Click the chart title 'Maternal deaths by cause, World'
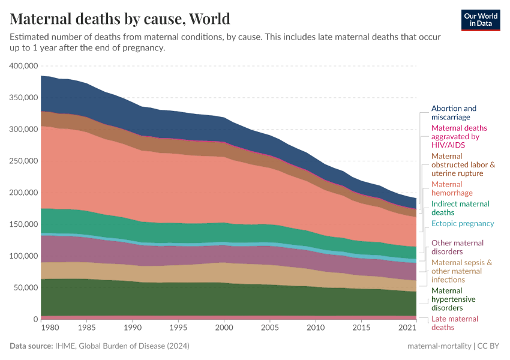pos(120,19)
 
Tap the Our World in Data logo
pos(481,19)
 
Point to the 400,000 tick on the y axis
pos(25,65)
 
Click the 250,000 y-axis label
pos(25,161)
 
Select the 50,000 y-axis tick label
pos(26,287)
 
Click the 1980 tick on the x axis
pos(50,328)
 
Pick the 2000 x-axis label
pos(223,328)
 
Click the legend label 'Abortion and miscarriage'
pos(454,113)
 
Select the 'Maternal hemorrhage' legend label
pos(452,188)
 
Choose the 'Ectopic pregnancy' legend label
pos(462,223)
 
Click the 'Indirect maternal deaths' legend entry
pos(460,208)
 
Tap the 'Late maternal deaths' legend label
pos(455,323)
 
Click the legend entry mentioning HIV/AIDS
pos(459,136)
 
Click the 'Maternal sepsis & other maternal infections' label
pos(461,271)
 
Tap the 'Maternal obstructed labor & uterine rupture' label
pos(463,164)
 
